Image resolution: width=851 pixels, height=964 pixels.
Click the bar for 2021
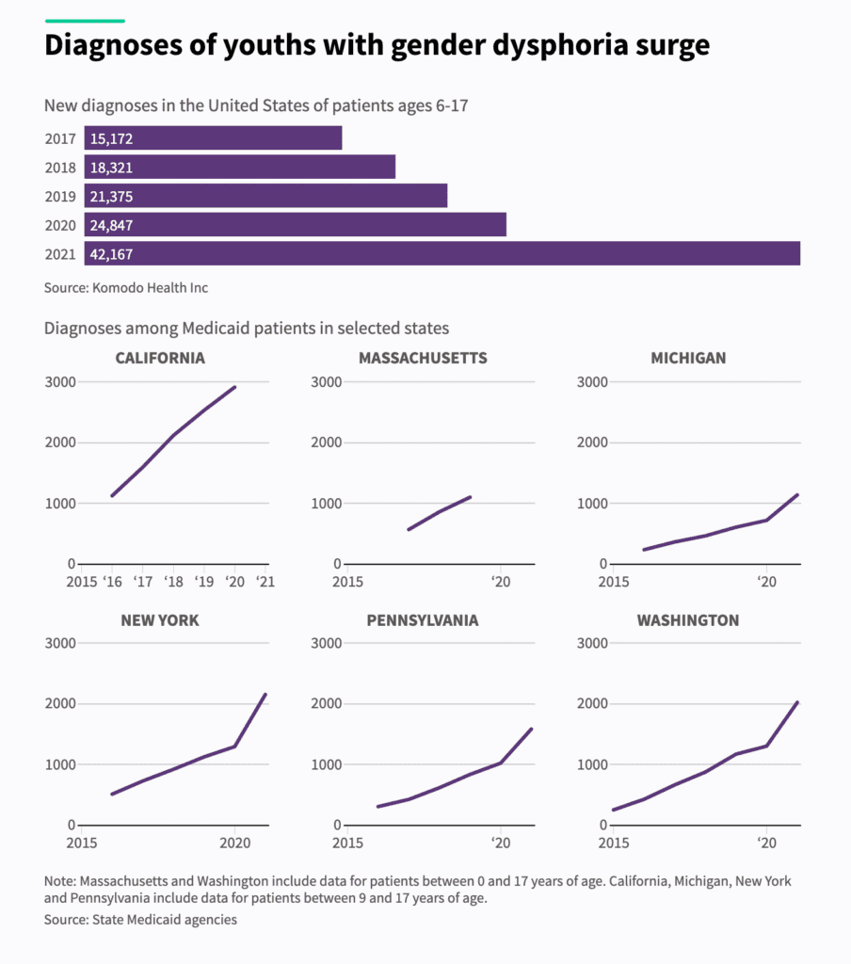442,254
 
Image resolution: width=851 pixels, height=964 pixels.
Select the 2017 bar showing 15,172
213,138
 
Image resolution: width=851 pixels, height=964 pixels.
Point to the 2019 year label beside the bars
59,197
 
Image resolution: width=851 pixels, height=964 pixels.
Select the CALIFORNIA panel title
160,358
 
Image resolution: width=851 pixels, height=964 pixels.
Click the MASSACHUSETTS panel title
423,358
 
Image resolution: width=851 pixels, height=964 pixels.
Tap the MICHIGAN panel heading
688,358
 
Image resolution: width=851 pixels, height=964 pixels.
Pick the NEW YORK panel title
160,620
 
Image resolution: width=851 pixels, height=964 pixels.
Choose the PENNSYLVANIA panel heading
424,620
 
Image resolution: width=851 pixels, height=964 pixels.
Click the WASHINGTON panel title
688,620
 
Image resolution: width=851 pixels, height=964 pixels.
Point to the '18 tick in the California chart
173,581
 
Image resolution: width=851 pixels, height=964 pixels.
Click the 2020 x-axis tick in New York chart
235,843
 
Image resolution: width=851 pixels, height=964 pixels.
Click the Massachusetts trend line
439,512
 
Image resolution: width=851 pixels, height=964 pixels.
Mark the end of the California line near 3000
234,387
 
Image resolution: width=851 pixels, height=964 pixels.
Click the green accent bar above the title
85,20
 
